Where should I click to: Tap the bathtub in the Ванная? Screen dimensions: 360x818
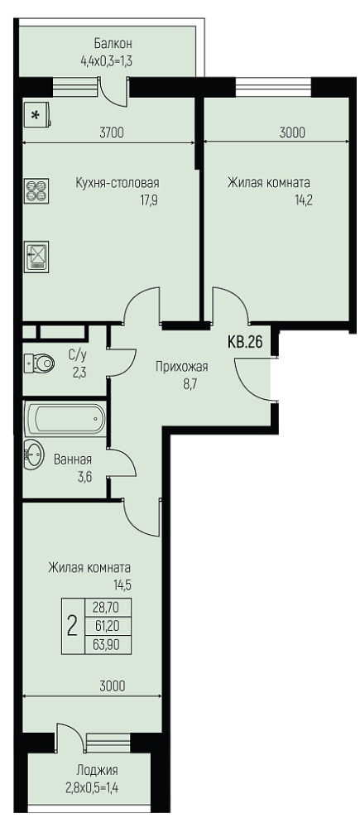(65, 418)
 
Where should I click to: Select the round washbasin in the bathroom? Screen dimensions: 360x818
(35, 454)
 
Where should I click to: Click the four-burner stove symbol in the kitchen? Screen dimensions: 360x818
(37, 190)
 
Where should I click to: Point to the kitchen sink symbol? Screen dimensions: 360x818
(37, 256)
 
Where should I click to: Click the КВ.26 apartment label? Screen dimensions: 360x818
(244, 342)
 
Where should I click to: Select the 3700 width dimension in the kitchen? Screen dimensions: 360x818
(111, 132)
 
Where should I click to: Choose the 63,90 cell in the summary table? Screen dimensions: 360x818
(108, 645)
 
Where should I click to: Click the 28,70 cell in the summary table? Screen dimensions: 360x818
(108, 607)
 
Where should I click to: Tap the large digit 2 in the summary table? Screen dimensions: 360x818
(73, 625)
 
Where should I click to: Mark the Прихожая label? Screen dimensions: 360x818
(181, 367)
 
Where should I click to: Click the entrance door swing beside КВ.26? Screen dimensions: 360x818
(253, 380)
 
